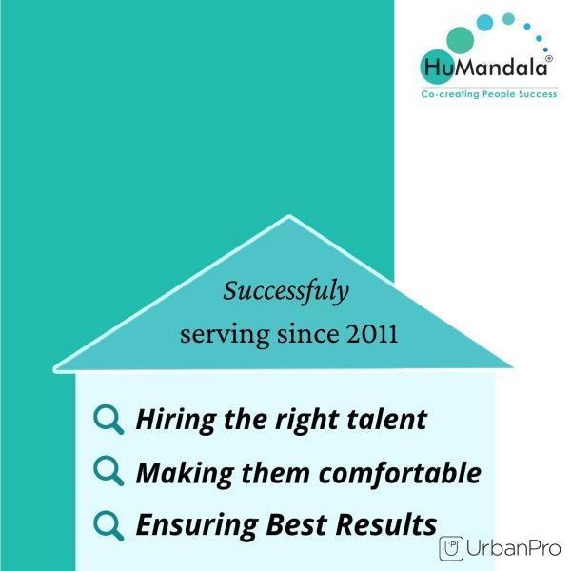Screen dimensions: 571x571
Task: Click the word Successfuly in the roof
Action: [x=285, y=291]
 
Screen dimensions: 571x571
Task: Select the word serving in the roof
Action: [x=225, y=335]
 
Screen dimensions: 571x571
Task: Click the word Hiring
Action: [x=176, y=421]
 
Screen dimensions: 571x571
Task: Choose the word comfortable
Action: [x=400, y=473]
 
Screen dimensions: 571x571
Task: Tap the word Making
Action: [x=185, y=474]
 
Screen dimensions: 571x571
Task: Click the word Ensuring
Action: [x=197, y=526]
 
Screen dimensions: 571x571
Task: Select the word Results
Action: [x=386, y=524]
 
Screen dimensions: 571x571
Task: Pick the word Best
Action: [x=296, y=524]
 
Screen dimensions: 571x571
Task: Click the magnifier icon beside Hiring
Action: [x=108, y=420]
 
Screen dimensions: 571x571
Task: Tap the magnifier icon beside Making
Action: [x=108, y=471]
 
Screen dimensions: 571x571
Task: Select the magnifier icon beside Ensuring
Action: [x=108, y=526]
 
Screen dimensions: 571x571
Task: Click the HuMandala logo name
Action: [x=485, y=68]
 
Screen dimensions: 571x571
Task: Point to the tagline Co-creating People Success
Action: [x=489, y=94]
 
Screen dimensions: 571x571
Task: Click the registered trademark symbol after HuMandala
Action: [x=549, y=58]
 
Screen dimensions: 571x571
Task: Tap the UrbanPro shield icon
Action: [x=451, y=548]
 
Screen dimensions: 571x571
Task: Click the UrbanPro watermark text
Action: [x=514, y=548]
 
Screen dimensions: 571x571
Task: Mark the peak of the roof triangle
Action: [x=289, y=216]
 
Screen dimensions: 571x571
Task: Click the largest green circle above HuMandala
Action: [x=460, y=40]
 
